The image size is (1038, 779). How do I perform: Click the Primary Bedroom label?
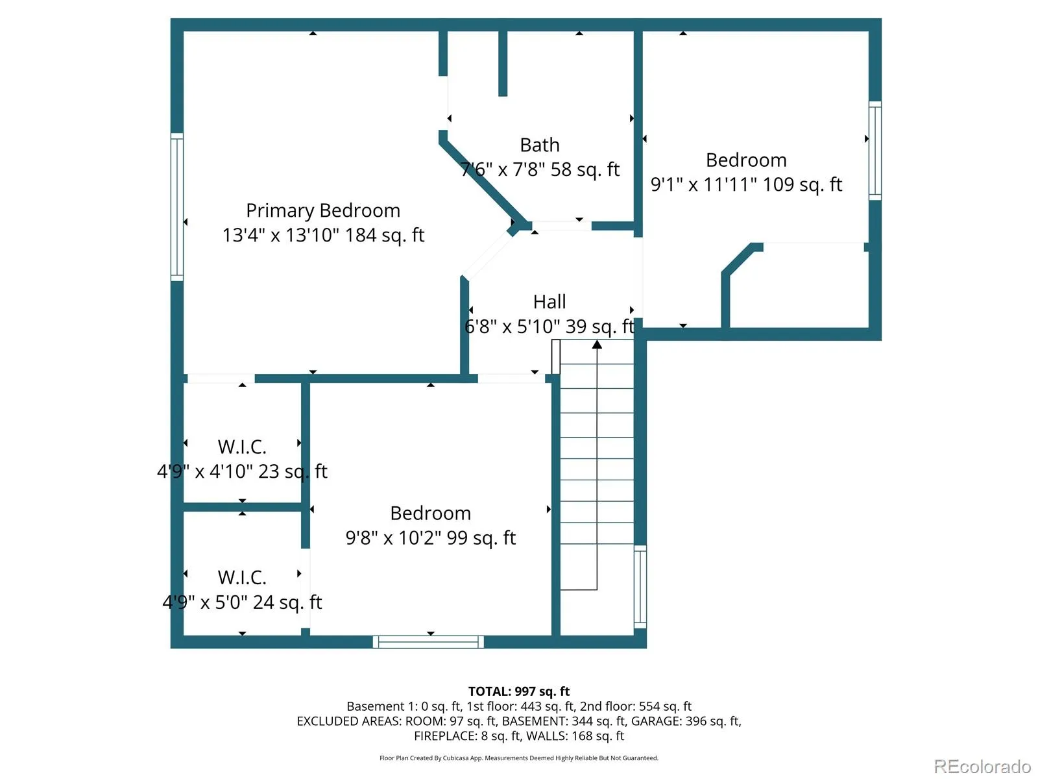tap(323, 211)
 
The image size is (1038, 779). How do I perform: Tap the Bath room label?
tap(540, 145)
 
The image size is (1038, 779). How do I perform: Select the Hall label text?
tap(549, 302)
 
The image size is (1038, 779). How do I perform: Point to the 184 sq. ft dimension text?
tap(385, 235)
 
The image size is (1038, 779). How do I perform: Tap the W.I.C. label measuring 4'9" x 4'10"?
tap(242, 447)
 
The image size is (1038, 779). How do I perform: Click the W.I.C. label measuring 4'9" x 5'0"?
tap(242, 578)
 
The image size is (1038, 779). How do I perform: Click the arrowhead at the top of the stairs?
tap(597, 344)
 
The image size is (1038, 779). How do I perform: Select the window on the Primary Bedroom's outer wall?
tap(177, 207)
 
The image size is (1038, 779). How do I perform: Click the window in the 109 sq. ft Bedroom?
tap(875, 151)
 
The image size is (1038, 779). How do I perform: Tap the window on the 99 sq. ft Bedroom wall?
tap(428, 642)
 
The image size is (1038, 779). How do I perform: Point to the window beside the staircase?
tap(640, 586)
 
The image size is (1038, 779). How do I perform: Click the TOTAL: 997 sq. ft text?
tap(519, 691)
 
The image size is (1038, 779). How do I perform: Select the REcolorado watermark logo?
tap(983, 766)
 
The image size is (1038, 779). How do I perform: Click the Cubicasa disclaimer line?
tap(519, 758)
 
